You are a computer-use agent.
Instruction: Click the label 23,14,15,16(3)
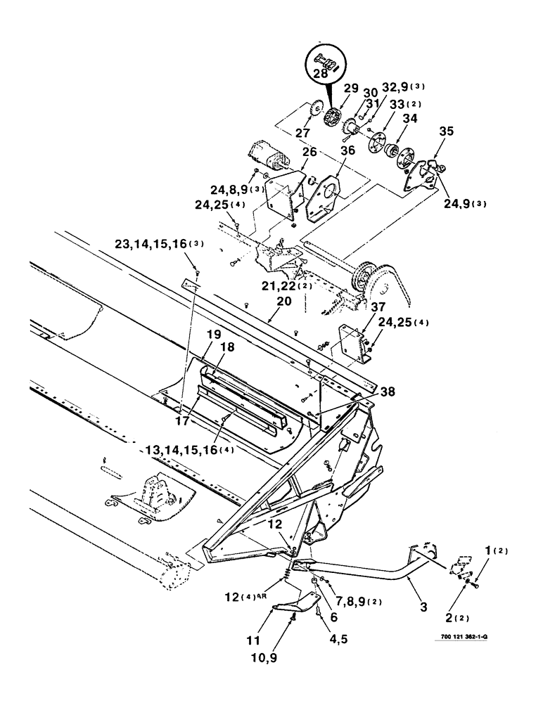pyautogui.click(x=160, y=245)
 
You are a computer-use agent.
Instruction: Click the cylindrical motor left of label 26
pyautogui.click(x=268, y=157)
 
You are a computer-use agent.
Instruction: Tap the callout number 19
pyautogui.click(x=213, y=335)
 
